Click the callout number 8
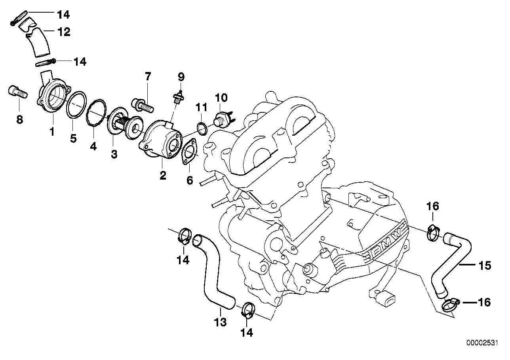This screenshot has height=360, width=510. pos(19,119)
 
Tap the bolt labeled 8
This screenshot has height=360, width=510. pos(17,93)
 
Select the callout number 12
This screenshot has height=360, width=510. pos(63,32)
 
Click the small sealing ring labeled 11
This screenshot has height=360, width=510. pos(202,129)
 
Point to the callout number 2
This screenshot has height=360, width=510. pos(163,175)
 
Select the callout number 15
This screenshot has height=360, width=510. pos(485,265)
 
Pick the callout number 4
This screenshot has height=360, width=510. pos(93,146)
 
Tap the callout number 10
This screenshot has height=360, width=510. pos(222,97)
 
